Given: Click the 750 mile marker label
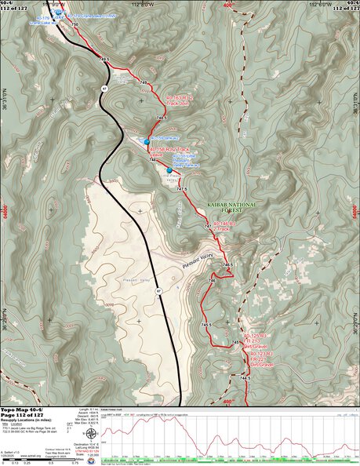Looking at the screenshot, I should (75, 25).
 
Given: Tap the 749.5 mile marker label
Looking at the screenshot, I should (105, 58).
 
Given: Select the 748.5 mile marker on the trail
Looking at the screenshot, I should (161, 118).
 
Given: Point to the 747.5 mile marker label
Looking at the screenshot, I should (182, 189).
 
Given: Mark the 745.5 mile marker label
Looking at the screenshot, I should (205, 324).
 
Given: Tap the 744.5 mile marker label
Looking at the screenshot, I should (244, 378).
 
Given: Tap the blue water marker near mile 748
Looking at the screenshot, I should (147, 141).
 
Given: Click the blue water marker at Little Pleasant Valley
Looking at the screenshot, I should (169, 169).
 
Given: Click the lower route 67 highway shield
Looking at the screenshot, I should (158, 291).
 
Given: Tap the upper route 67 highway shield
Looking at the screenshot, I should (104, 89).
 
